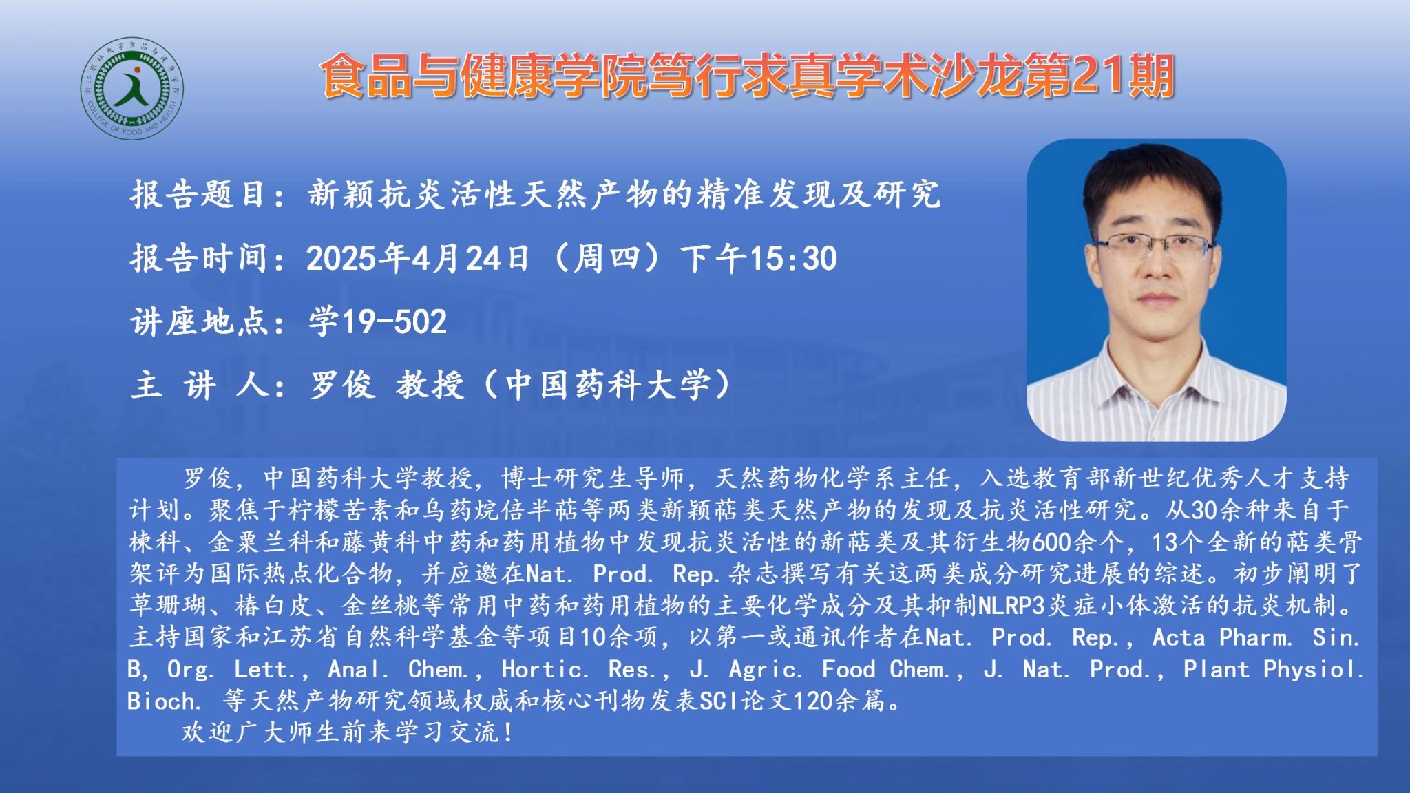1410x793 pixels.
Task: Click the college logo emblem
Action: [131, 88]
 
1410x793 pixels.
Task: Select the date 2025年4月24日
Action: [417, 258]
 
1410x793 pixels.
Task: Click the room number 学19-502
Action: [377, 321]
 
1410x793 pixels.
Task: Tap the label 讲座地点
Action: [198, 321]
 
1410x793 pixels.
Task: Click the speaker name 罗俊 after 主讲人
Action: [341, 385]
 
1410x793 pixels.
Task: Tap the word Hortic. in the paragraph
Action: [545, 669]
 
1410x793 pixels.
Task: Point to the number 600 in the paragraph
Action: [1051, 542]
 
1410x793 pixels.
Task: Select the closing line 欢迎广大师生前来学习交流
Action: [341, 732]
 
